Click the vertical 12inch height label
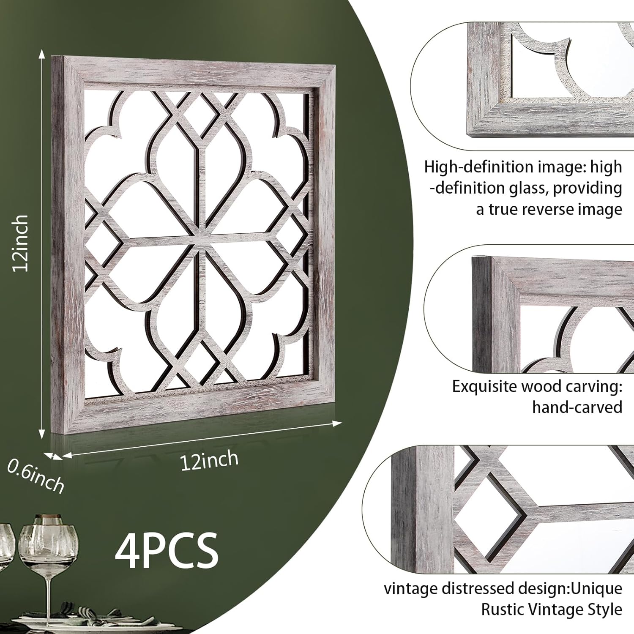pyautogui.click(x=20, y=243)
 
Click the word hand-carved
pyautogui.click(x=577, y=407)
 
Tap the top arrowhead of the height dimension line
pyautogui.click(x=41, y=53)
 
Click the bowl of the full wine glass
pyautogui.click(x=48, y=545)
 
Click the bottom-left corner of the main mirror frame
pyautogui.click(x=53, y=433)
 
